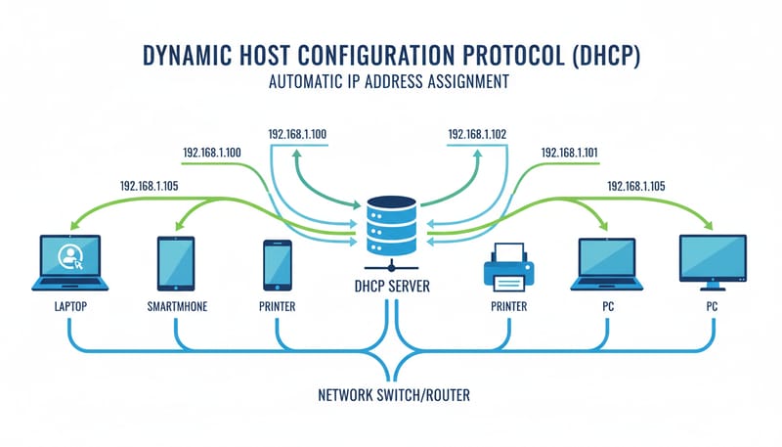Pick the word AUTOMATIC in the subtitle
pyautogui.click(x=310, y=83)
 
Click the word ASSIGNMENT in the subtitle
pyautogui.click(x=465, y=83)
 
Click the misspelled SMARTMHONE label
pyautogui.click(x=176, y=307)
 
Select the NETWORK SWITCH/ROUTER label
pyautogui.click(x=391, y=397)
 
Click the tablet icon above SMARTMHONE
pyautogui.click(x=176, y=262)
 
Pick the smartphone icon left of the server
pyautogui.click(x=278, y=263)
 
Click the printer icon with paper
pyautogui.click(x=506, y=269)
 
